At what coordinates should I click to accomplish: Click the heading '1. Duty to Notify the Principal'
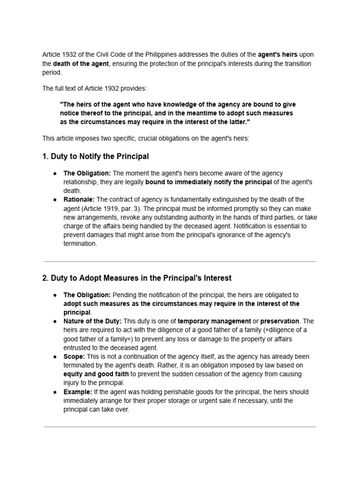(x=96, y=156)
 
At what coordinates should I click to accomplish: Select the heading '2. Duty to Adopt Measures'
(x=137, y=278)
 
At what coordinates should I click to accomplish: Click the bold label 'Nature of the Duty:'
(x=92, y=321)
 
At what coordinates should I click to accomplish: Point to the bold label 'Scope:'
(x=74, y=356)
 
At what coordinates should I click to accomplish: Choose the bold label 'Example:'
(x=78, y=391)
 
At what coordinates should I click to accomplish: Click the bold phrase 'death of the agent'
(x=81, y=64)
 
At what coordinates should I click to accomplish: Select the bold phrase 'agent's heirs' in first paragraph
(x=277, y=55)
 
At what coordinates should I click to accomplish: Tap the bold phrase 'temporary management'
(x=214, y=321)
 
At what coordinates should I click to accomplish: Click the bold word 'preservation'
(x=279, y=321)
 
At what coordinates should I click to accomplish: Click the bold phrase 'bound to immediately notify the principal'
(x=208, y=182)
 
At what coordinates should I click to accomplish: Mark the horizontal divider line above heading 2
(x=180, y=262)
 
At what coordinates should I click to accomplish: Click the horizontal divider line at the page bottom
(x=180, y=427)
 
